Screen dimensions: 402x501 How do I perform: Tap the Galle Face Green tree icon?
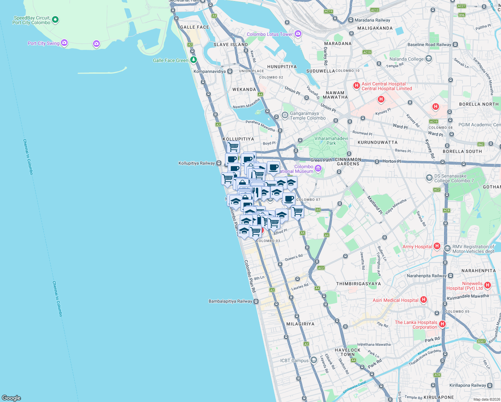193,60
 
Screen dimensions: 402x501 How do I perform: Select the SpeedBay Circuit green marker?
55,20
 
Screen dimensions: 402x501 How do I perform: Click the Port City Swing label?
44,43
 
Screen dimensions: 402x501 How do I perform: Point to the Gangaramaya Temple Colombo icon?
285,116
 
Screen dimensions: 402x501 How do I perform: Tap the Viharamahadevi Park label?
331,141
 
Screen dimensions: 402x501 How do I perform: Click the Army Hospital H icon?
437,246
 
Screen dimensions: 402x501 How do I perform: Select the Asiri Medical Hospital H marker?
424,299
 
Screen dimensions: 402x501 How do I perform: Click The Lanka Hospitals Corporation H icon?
442,324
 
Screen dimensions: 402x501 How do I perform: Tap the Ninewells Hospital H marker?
487,285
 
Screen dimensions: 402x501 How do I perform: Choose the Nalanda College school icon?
428,59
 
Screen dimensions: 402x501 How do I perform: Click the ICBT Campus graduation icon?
313,360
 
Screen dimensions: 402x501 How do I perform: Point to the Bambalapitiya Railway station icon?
256,301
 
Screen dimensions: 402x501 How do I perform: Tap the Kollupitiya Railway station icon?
219,163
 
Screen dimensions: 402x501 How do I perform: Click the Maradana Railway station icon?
351,20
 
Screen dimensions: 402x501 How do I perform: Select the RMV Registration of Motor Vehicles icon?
447,248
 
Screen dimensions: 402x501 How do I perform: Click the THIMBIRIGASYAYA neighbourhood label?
358,284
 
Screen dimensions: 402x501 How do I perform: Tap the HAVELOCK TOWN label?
348,352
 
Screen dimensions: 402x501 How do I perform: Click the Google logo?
11,398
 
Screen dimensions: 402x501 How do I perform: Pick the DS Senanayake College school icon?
429,178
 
